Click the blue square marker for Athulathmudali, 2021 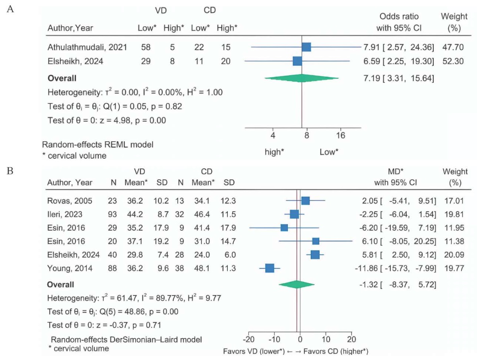(x=306, y=47)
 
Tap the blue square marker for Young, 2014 (x=270, y=269)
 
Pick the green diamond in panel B (x=297, y=284)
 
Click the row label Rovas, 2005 (x=70, y=200)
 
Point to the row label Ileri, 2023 (x=65, y=214)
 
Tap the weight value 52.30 (x=452, y=62)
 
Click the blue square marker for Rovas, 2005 (x=305, y=200)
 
